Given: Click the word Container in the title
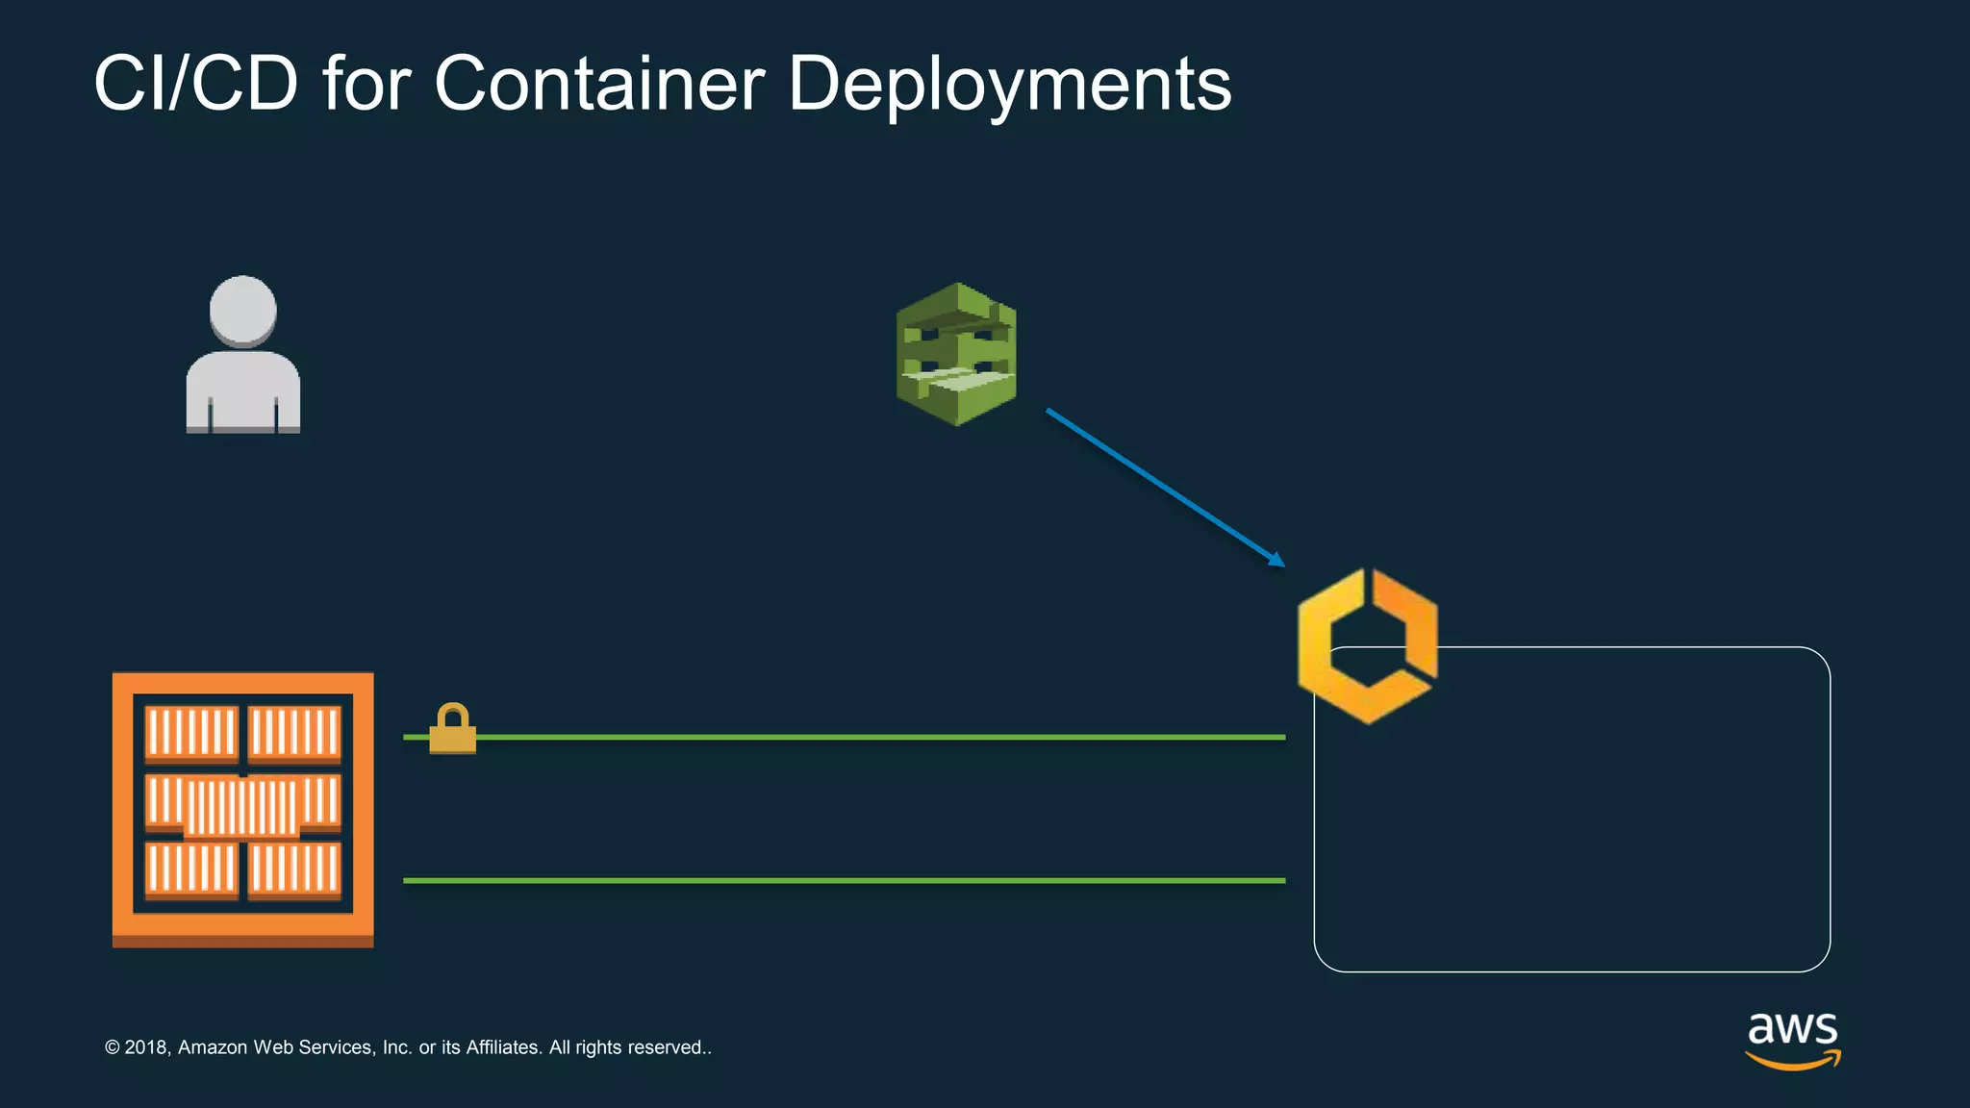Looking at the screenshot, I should [599, 84].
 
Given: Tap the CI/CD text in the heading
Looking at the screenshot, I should [196, 84].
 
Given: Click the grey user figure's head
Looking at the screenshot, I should [242, 310].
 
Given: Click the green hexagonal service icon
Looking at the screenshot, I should [956, 354].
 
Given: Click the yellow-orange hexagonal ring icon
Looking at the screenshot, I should [1367, 644].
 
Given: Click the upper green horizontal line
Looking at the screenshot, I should [866, 737].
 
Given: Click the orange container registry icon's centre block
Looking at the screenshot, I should [242, 806].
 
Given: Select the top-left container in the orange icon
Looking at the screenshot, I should [190, 733].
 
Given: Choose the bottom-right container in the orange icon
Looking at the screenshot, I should [294, 869].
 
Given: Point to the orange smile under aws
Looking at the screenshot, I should [1792, 1061].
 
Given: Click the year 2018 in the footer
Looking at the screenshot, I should [146, 1047].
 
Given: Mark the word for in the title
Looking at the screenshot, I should [366, 84].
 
